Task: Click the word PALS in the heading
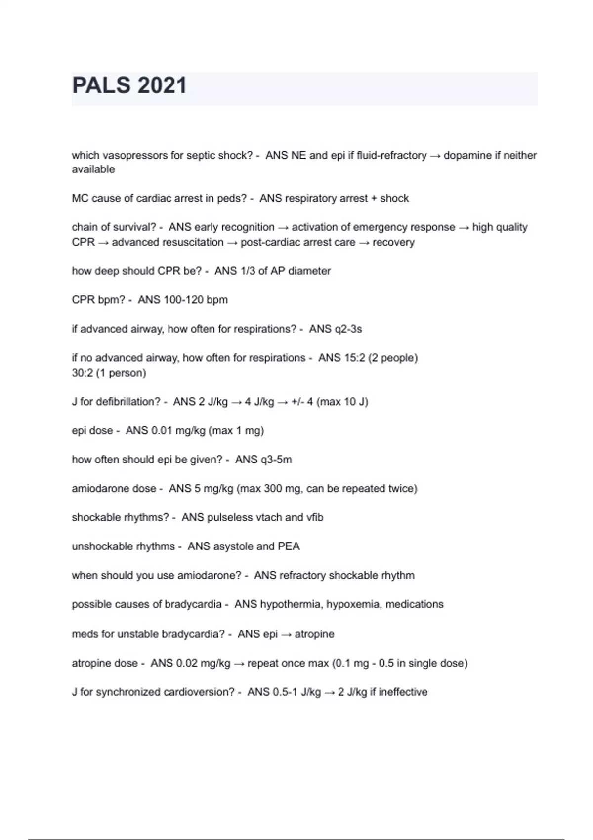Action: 102,85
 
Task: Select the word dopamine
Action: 465,155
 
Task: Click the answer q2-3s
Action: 348,329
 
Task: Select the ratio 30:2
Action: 82,373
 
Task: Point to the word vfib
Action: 314,517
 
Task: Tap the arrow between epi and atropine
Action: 286,634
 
